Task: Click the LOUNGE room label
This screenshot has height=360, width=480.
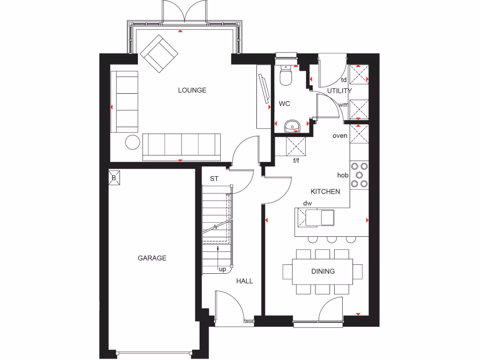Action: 192,90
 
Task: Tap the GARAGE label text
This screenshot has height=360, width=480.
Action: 152,258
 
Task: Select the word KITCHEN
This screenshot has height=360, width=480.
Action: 325,192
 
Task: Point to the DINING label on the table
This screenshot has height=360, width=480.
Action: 323,271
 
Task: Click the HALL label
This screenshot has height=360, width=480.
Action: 244,281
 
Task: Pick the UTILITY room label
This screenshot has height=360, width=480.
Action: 339,90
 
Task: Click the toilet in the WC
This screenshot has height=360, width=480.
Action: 285,75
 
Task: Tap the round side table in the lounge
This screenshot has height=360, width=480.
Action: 133,142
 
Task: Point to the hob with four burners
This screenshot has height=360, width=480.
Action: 360,175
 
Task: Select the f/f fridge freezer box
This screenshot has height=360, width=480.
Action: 296,147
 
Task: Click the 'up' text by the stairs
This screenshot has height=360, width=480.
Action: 223,270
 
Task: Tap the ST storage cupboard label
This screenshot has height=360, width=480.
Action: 214,179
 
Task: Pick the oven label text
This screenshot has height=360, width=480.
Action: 340,136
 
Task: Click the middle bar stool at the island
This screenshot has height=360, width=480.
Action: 332,240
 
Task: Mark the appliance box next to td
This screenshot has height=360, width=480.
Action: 359,75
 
